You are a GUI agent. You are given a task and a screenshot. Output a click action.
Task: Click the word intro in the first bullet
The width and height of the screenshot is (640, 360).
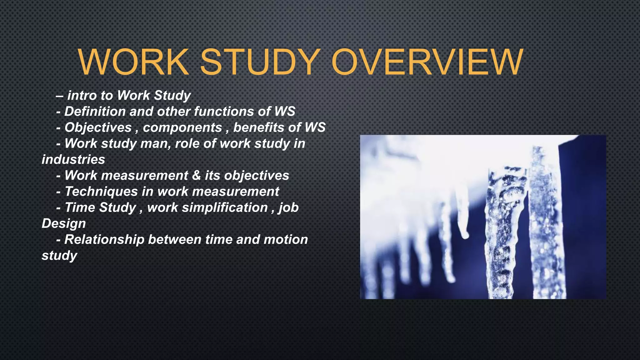click(82, 95)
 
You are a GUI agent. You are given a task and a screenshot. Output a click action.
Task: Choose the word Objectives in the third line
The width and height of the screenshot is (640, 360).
click(98, 127)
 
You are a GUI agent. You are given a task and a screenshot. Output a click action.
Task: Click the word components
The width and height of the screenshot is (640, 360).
click(182, 127)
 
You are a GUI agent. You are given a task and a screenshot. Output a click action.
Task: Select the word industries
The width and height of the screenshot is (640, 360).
click(73, 160)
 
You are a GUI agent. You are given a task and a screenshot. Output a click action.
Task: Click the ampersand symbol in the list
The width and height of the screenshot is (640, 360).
click(196, 175)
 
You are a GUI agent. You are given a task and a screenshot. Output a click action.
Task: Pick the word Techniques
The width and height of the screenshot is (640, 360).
click(101, 192)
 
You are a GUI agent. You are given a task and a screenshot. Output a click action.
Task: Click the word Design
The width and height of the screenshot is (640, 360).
click(64, 224)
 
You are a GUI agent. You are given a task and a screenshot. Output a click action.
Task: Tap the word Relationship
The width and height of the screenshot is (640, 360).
click(104, 240)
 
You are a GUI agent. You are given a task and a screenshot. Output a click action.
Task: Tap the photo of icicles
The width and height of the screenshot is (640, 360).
click(483, 217)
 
